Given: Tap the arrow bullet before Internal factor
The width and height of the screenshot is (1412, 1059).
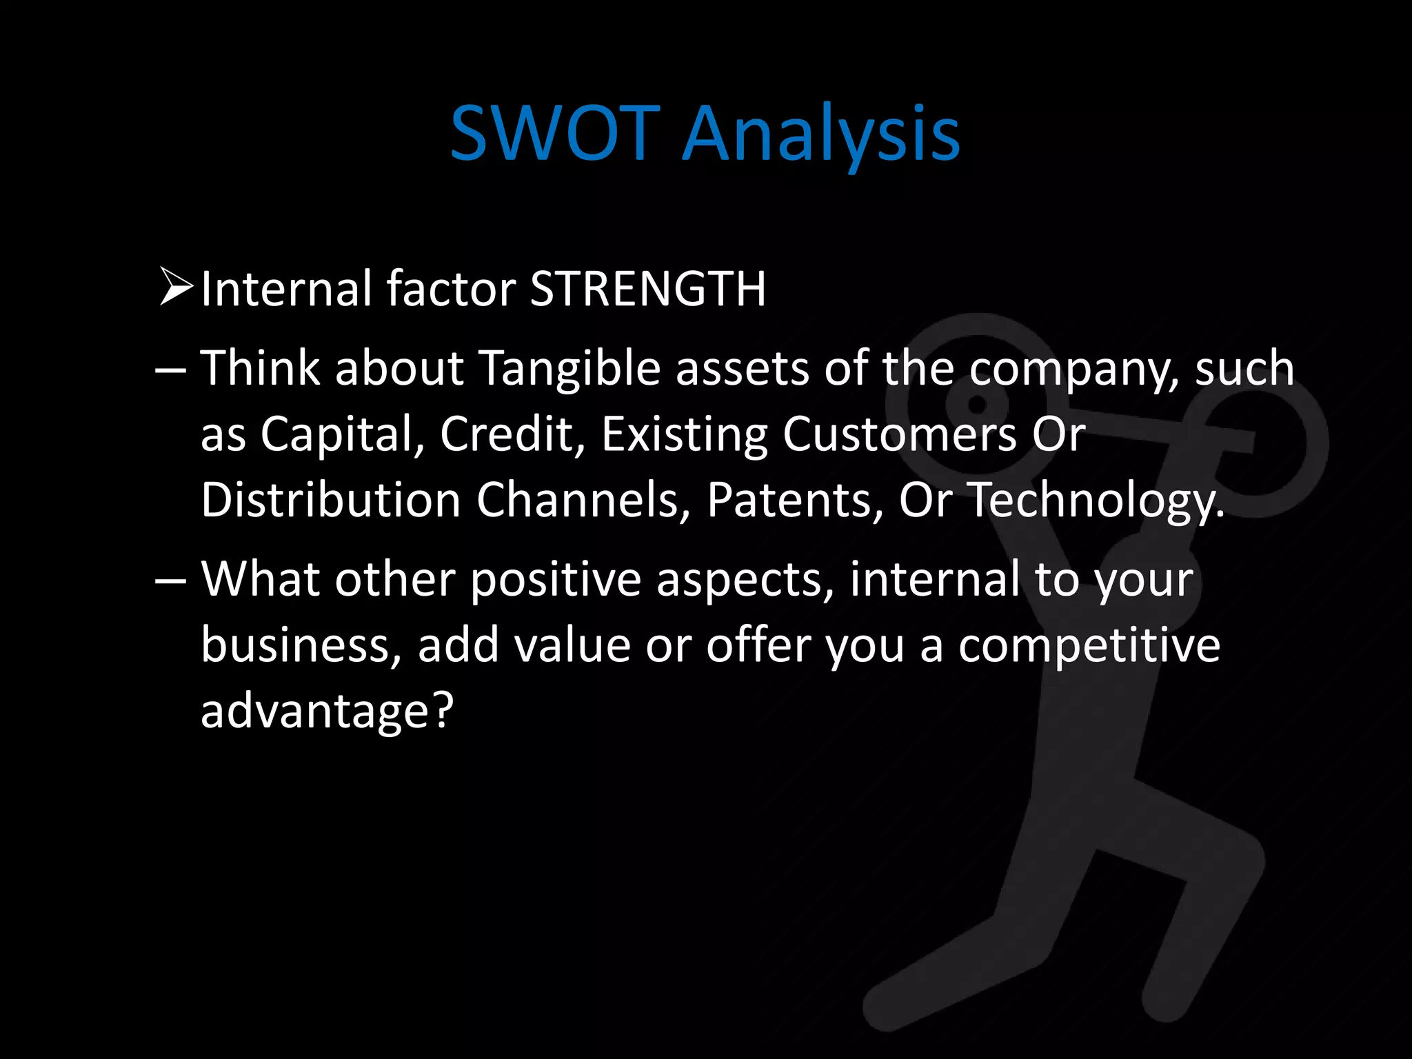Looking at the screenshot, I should (x=175, y=288).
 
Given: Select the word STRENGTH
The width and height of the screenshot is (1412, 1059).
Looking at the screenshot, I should (x=647, y=288).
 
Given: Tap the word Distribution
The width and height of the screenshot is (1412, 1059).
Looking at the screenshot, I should (x=330, y=499).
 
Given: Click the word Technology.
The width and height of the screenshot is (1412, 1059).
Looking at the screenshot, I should (x=1096, y=501).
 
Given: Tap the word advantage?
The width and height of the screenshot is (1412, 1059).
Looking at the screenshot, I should (x=327, y=710).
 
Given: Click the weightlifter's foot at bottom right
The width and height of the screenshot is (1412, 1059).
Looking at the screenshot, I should (x=1165, y=1000).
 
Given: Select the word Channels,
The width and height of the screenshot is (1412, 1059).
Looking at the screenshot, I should (x=583, y=499).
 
